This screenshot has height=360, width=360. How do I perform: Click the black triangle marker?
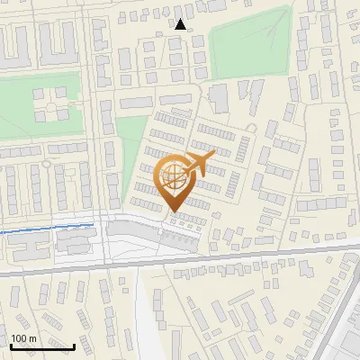[181, 24]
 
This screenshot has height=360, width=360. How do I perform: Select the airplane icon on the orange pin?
[198, 165]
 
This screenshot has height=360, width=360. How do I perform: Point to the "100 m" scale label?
[23, 338]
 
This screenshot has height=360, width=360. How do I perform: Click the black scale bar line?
[42, 346]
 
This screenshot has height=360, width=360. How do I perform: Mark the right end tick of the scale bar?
[74, 345]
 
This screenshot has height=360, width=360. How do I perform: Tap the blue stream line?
[45, 229]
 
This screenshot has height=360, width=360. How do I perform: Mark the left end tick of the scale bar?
[11, 345]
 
